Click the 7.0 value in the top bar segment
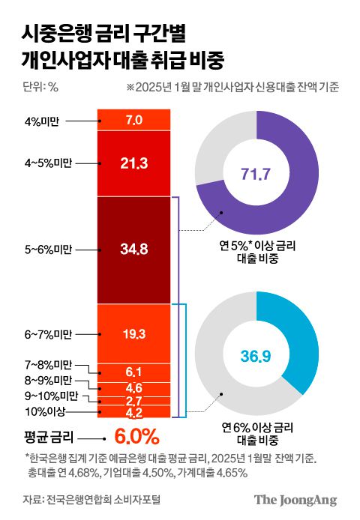pos(134,119)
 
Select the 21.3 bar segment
pos(134,163)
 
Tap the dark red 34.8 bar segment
pos(134,250)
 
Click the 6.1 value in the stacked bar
pos(134,372)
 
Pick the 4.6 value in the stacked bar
pos(134,387)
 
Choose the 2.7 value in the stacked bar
pos(134,401)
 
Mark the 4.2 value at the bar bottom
pos(134,411)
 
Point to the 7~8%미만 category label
pos(48,365)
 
